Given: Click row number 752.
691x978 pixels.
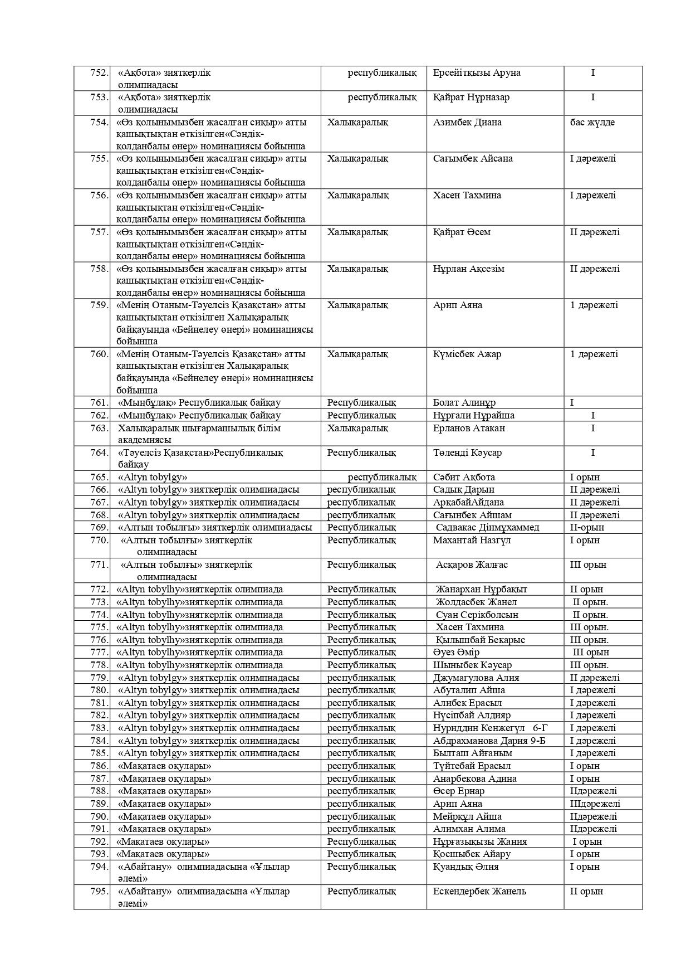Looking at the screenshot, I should [x=99, y=73].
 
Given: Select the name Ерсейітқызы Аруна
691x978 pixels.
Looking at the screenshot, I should [x=477, y=73].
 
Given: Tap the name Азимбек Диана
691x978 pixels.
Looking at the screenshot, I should [x=467, y=123].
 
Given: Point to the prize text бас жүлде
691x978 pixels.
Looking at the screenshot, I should [x=592, y=123].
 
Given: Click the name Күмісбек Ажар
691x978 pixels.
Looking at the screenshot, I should [x=467, y=354].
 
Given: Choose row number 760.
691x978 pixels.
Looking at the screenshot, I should [x=99, y=354].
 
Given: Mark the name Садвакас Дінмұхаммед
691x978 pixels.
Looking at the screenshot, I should [x=488, y=528].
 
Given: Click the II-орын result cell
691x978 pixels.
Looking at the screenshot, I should [x=587, y=528].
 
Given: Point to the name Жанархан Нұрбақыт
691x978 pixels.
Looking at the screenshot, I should [x=482, y=590].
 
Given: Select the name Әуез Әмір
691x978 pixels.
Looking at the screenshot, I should [x=456, y=653].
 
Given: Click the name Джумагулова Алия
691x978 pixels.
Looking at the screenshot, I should [x=476, y=678].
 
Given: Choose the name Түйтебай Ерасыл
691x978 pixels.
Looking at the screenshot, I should [x=472, y=766].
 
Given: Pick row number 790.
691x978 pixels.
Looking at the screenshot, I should [x=99, y=817].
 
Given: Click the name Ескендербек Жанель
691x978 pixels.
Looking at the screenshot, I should [x=479, y=892].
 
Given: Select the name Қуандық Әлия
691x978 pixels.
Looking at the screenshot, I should [x=465, y=867].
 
